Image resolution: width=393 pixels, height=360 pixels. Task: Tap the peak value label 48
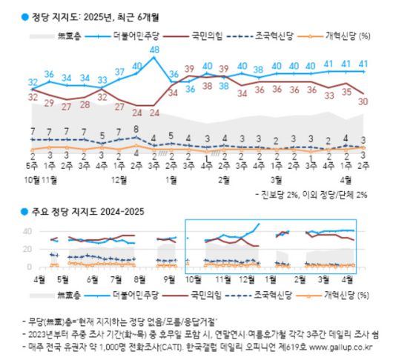(x=154, y=50)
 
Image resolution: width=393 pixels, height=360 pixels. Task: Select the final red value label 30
(x=363, y=102)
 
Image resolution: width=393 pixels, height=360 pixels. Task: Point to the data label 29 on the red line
(x=49, y=103)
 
